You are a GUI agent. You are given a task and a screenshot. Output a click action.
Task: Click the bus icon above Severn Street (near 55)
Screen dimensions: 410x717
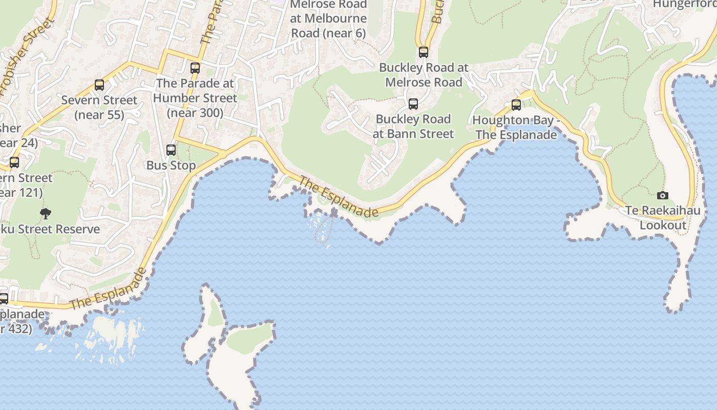99,85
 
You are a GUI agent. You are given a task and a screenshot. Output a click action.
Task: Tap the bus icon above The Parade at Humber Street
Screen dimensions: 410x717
195,68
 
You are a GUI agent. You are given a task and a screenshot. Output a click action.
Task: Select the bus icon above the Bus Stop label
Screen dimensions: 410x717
171,150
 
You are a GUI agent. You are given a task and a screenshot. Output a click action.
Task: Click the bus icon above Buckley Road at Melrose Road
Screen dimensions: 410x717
424,52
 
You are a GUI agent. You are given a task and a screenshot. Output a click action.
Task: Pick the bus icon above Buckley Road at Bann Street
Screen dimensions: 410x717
413,104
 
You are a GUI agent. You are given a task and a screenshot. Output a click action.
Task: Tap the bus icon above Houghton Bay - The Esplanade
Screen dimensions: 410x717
516,105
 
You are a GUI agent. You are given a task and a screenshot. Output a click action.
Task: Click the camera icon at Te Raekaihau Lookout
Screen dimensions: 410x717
662,195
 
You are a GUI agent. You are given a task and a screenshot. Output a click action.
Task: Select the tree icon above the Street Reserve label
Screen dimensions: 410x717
46,213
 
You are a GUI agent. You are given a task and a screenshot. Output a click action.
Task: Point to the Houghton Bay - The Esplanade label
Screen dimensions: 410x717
515,128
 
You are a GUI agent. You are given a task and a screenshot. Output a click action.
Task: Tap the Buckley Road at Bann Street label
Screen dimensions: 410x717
413,127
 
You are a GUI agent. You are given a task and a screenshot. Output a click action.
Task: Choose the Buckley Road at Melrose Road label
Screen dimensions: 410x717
424,75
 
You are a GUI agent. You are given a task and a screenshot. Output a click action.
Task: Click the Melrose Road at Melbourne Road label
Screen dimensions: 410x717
328,19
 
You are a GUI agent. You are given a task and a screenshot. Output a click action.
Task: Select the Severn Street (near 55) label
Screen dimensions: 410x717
99,108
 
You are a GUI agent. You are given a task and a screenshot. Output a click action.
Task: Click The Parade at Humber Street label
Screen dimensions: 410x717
195,98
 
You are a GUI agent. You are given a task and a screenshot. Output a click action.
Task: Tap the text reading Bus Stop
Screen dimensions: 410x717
171,166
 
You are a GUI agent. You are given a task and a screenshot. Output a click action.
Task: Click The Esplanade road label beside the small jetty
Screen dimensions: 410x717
339,197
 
